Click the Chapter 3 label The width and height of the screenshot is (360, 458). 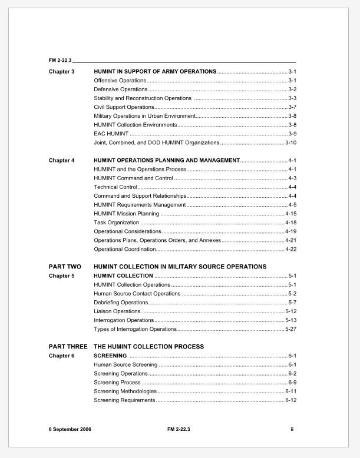tap(61, 71)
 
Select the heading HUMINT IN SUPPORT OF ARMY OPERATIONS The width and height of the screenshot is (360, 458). tap(155, 71)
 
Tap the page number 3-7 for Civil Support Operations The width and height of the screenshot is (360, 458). tap(292, 107)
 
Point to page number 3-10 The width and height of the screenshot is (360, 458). tap(290, 142)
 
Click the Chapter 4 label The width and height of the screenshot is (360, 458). tap(61, 160)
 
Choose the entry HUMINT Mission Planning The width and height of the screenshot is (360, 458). tap(127, 214)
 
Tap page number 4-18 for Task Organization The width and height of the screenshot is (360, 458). tap(290, 223)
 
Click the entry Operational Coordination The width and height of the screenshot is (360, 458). tap(124, 249)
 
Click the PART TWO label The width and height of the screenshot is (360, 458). tap(65, 267)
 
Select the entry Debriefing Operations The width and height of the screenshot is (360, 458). tap(121, 302)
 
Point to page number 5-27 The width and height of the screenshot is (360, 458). tap(290, 329)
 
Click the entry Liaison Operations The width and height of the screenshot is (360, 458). tap(117, 311)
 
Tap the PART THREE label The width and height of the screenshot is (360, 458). tap(68, 347)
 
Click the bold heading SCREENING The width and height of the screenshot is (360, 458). tap(110, 356)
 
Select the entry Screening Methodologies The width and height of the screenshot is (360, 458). tap(125, 391)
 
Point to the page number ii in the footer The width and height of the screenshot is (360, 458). tap(292, 429)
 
